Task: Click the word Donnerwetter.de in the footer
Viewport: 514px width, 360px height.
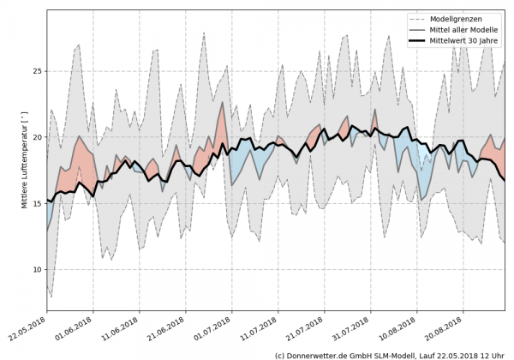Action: point(322,354)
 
